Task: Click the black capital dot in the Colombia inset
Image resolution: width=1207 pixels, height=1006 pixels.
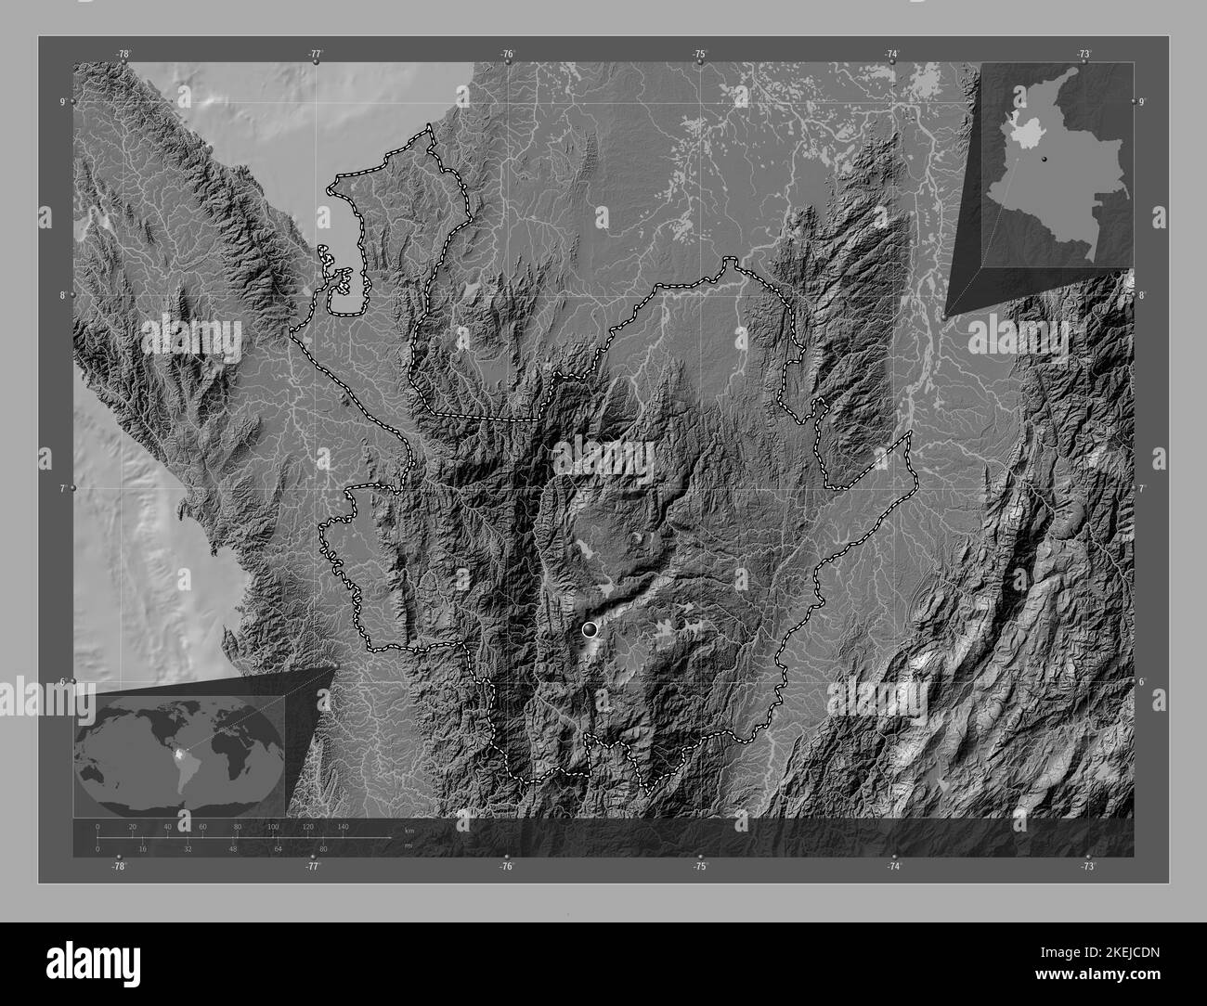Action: pos(1045,160)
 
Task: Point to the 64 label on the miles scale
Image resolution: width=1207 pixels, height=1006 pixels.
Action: pos(278,848)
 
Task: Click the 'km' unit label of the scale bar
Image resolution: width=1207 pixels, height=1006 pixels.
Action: pos(409,829)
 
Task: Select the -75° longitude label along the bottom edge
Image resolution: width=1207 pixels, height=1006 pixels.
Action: pos(700,866)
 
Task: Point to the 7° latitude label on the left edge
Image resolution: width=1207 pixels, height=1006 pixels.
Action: pos(63,488)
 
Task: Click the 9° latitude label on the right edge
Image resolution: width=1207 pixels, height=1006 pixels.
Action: pos(1142,101)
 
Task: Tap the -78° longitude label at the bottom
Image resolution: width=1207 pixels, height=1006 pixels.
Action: pos(118,866)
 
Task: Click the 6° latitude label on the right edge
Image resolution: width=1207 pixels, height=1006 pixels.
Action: pos(1142,681)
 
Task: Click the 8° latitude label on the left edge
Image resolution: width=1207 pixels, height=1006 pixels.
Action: pos(63,295)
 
